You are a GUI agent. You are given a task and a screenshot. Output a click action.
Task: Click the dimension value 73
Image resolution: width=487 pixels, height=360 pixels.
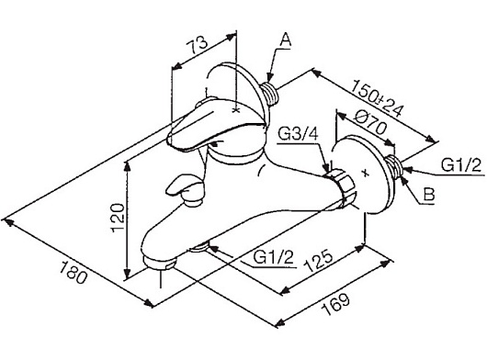[x=198, y=45]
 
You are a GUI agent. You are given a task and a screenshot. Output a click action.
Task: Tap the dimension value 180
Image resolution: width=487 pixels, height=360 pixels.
[x=73, y=273]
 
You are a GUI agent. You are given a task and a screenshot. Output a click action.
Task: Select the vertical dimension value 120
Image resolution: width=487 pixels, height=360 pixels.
[x=118, y=218]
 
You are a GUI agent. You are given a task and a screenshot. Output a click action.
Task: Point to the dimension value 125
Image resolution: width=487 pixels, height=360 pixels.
[x=318, y=260]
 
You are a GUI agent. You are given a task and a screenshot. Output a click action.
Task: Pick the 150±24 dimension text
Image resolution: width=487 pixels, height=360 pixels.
[x=378, y=98]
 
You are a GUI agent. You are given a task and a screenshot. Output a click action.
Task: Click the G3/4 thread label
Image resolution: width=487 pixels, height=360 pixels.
[x=298, y=134]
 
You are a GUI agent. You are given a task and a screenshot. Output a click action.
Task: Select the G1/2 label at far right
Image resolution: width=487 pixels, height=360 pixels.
[x=461, y=165]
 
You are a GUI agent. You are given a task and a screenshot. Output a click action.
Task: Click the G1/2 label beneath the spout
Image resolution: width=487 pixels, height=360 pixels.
[x=273, y=257]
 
